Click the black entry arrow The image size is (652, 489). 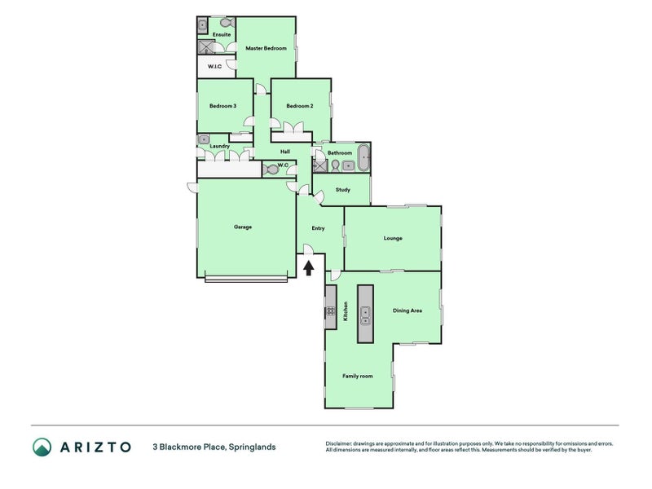[x=308, y=268]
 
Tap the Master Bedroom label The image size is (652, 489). [x=266, y=48]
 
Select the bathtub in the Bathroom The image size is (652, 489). [x=363, y=157]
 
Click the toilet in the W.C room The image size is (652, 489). [x=270, y=170]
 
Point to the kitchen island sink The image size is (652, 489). [x=365, y=315]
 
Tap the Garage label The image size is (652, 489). [x=243, y=227]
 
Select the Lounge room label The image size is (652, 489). [x=393, y=238]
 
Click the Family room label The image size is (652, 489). [x=358, y=376]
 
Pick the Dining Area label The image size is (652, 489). [x=407, y=311]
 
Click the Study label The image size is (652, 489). [x=343, y=190]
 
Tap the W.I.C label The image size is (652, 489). [x=214, y=67]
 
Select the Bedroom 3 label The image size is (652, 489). [x=222, y=106]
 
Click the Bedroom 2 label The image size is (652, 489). [x=300, y=106]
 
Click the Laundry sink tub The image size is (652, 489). [x=203, y=139]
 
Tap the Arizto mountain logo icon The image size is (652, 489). [x=42, y=447]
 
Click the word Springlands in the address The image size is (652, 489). [x=253, y=447]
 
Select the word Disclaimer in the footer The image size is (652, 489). [x=338, y=443]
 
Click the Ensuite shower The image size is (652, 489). [x=206, y=47]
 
